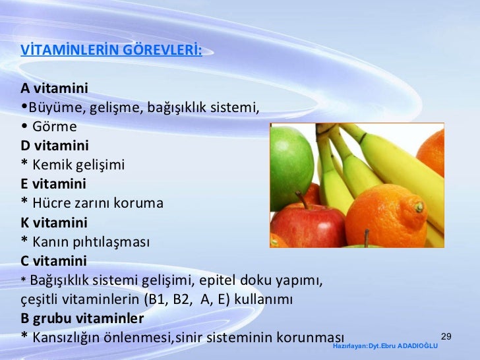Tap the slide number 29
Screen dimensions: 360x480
pos(446,337)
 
